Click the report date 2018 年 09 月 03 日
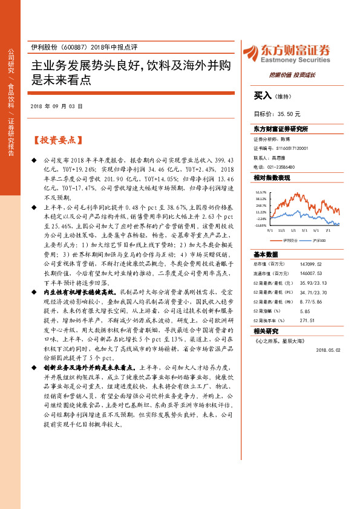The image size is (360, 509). (x=56, y=106)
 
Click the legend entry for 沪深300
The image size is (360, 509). (x=318, y=240)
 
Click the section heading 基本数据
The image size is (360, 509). (x=265, y=254)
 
